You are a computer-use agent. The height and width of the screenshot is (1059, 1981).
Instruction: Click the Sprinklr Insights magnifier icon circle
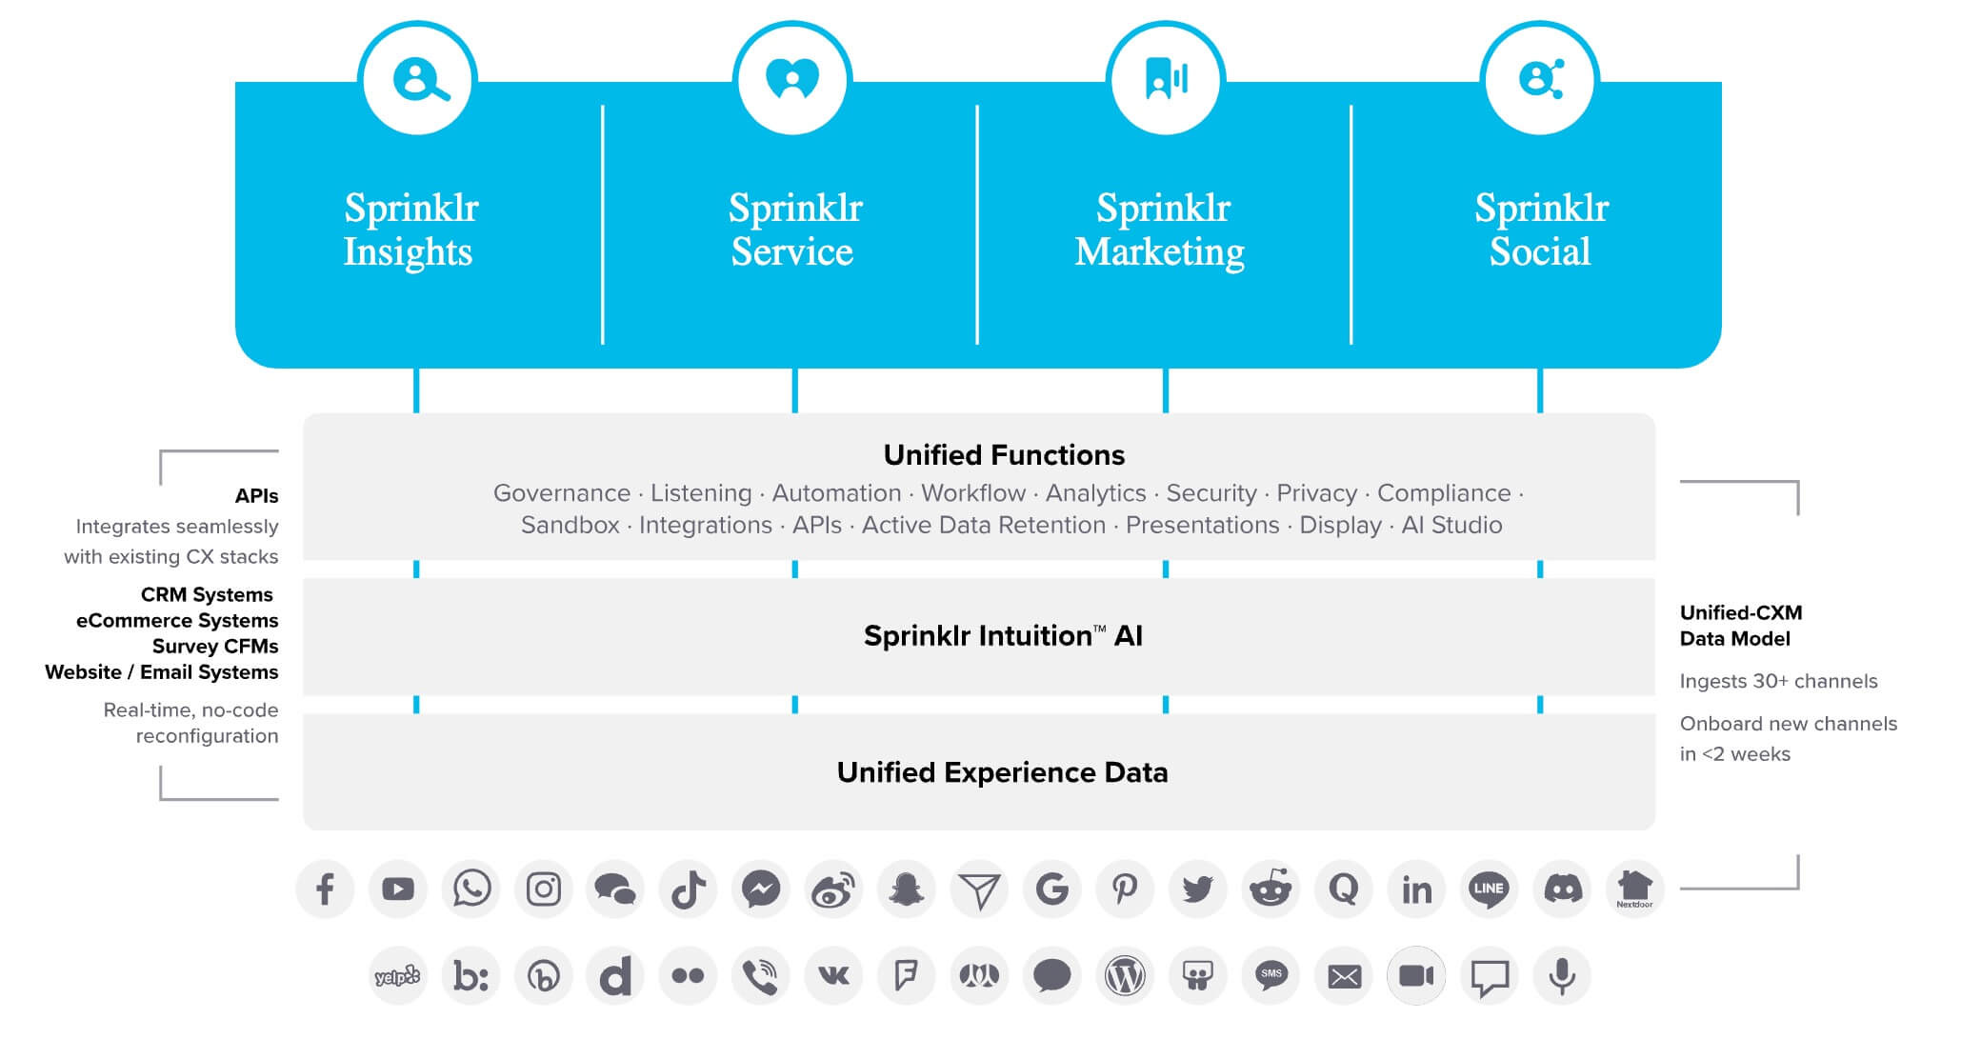(x=417, y=80)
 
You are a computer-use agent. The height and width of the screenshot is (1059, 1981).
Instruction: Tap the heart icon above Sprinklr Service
(x=792, y=80)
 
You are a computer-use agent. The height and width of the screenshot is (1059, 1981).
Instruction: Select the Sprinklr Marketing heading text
(x=1161, y=230)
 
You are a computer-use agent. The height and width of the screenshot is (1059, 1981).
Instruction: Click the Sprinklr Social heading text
(x=1541, y=230)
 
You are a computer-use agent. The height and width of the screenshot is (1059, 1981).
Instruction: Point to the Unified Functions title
(x=1004, y=455)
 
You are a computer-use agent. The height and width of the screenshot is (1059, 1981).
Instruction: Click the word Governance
(x=561, y=493)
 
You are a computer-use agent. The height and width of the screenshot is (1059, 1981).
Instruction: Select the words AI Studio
(x=1451, y=525)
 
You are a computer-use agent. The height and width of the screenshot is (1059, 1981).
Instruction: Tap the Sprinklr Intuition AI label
(x=1003, y=635)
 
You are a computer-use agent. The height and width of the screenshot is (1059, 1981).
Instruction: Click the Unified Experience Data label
(x=1002, y=772)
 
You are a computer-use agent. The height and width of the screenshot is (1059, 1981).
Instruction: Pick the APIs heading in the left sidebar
(x=256, y=496)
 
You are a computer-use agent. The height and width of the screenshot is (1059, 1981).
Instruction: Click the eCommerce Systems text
(x=177, y=621)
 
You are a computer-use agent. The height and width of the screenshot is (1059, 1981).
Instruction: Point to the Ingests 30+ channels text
(x=1778, y=681)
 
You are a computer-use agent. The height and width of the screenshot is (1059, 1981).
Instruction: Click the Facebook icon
(x=325, y=889)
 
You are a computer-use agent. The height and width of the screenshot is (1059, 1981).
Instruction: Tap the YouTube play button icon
(x=398, y=889)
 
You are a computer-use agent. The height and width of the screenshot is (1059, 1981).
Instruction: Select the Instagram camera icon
(x=544, y=889)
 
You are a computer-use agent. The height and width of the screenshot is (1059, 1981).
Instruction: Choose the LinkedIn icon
(x=1416, y=889)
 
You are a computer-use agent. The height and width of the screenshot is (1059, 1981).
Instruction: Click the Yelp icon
(x=397, y=976)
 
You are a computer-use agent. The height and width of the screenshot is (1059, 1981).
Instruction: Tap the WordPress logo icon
(x=1125, y=976)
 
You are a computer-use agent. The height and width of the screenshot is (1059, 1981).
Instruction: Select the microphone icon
(x=1562, y=976)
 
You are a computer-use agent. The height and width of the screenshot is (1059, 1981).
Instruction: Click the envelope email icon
(x=1344, y=976)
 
